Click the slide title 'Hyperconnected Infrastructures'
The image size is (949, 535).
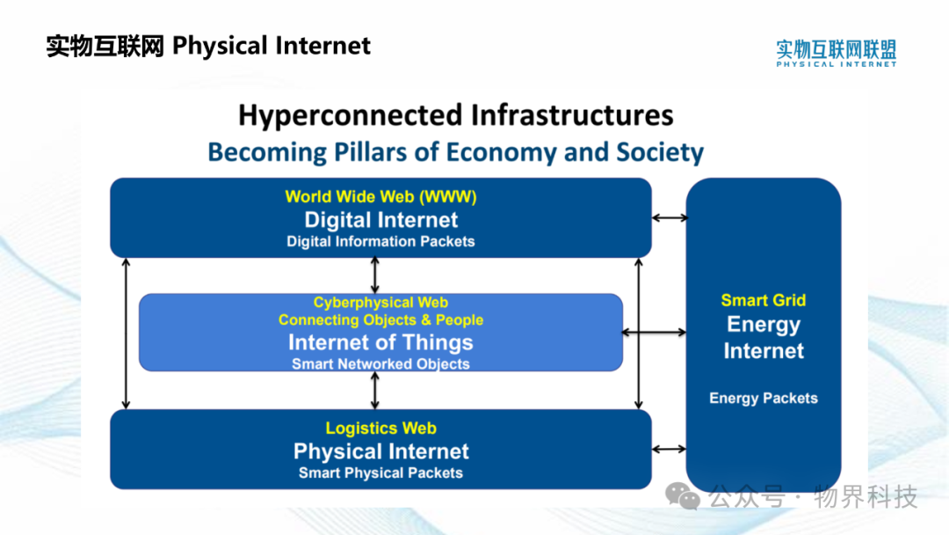(456, 115)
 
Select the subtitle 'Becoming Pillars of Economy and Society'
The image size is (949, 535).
(456, 152)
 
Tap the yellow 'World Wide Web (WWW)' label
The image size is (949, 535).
(380, 197)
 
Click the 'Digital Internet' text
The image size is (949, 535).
(380, 219)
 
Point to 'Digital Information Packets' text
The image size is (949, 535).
(380, 241)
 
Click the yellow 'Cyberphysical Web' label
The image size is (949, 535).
(380, 303)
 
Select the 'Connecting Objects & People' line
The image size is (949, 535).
(380, 320)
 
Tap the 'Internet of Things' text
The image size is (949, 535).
(380, 342)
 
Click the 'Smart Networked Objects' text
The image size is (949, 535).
(380, 363)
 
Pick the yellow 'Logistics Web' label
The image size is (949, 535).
(380, 429)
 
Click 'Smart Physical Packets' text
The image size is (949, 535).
(380, 473)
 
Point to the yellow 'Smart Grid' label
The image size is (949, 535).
(764, 301)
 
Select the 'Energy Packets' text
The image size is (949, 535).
(764, 398)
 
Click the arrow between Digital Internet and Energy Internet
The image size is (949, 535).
(670, 217)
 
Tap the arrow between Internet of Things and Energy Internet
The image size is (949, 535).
(655, 332)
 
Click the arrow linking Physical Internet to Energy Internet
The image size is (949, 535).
(670, 449)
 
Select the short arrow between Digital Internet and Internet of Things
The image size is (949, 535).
(375, 275)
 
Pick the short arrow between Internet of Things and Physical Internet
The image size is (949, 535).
(375, 390)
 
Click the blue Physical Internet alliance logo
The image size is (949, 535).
(836, 54)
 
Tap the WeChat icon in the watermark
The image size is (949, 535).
(683, 497)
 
